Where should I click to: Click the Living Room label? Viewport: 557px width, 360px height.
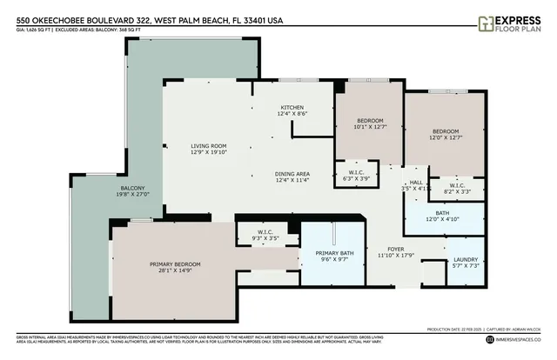tap(209, 146)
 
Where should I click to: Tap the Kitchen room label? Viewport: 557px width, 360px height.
tap(292, 107)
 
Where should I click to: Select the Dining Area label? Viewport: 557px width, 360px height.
tap(292, 173)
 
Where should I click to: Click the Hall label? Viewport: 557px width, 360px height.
tap(417, 183)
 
